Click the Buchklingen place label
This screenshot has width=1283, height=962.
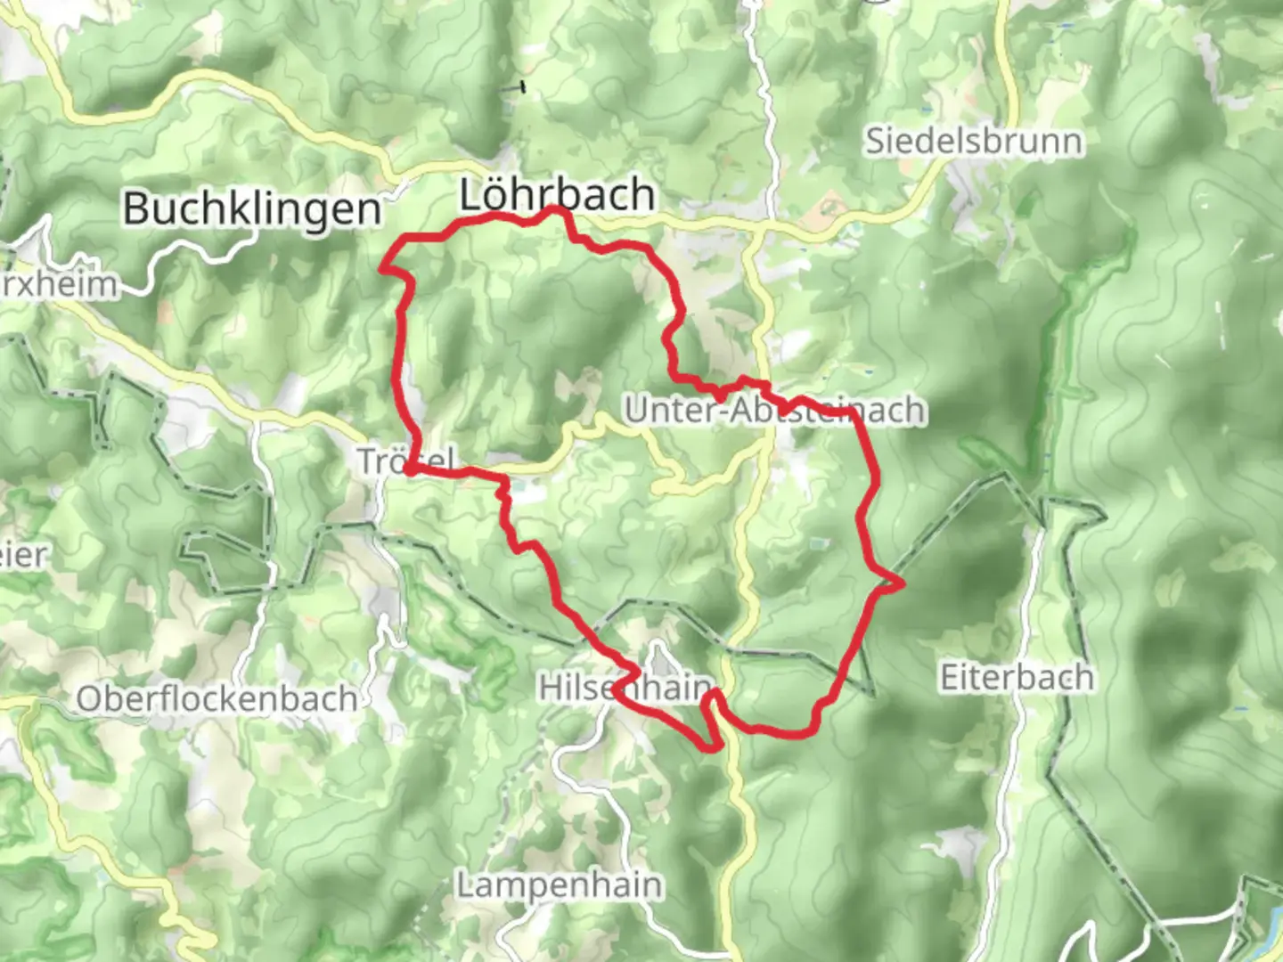(x=252, y=208)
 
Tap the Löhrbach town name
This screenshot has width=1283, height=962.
(x=557, y=195)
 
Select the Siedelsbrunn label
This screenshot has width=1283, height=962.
(x=974, y=142)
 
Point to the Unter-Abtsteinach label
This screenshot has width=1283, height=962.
(x=774, y=411)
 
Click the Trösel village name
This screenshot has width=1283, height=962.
(x=406, y=461)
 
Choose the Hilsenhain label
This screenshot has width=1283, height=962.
(x=625, y=688)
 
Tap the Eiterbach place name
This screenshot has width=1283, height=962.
(x=1017, y=678)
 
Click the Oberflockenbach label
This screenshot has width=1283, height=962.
(x=217, y=699)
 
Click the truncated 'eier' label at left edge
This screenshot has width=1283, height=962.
(x=23, y=556)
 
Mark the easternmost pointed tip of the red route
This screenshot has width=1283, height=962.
(x=903, y=584)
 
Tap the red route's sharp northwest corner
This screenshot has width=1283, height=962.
(x=384, y=265)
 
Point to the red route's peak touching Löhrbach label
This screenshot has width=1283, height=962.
(x=555, y=208)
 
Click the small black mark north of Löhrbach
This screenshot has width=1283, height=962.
(x=522, y=87)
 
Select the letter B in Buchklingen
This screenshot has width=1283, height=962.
(x=135, y=208)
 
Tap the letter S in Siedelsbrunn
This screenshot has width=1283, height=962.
(x=877, y=142)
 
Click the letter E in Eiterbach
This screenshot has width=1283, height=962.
(x=950, y=678)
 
